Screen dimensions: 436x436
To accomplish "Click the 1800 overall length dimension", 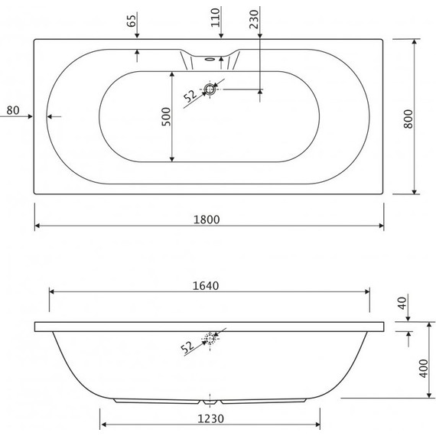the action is click(207, 220).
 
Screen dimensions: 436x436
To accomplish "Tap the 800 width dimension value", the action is click(408, 119).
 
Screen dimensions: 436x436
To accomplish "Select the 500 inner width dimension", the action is click(166, 116).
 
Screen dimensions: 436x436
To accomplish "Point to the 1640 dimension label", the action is click(206, 286).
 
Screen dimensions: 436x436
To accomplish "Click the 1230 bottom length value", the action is click(210, 418).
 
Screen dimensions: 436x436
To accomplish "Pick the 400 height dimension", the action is click(424, 369).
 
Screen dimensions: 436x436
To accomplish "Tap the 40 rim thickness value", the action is click(402, 303).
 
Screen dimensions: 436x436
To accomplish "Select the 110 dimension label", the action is click(215, 18).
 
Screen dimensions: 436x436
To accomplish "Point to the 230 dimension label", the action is click(254, 19).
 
